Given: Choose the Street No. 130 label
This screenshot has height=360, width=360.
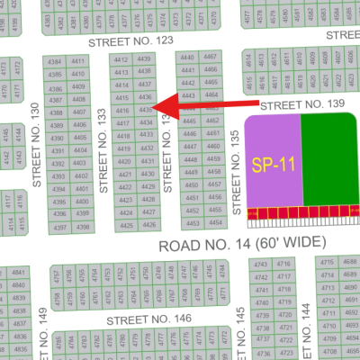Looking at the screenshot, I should click(x=37, y=144).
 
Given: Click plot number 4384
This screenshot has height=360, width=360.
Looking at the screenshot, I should click(x=56, y=62).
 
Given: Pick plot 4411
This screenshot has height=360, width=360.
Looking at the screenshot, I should click(x=78, y=62).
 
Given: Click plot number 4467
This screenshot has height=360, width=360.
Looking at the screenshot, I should click(x=211, y=57).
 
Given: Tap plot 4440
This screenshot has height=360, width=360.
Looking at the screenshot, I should click(x=187, y=57).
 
